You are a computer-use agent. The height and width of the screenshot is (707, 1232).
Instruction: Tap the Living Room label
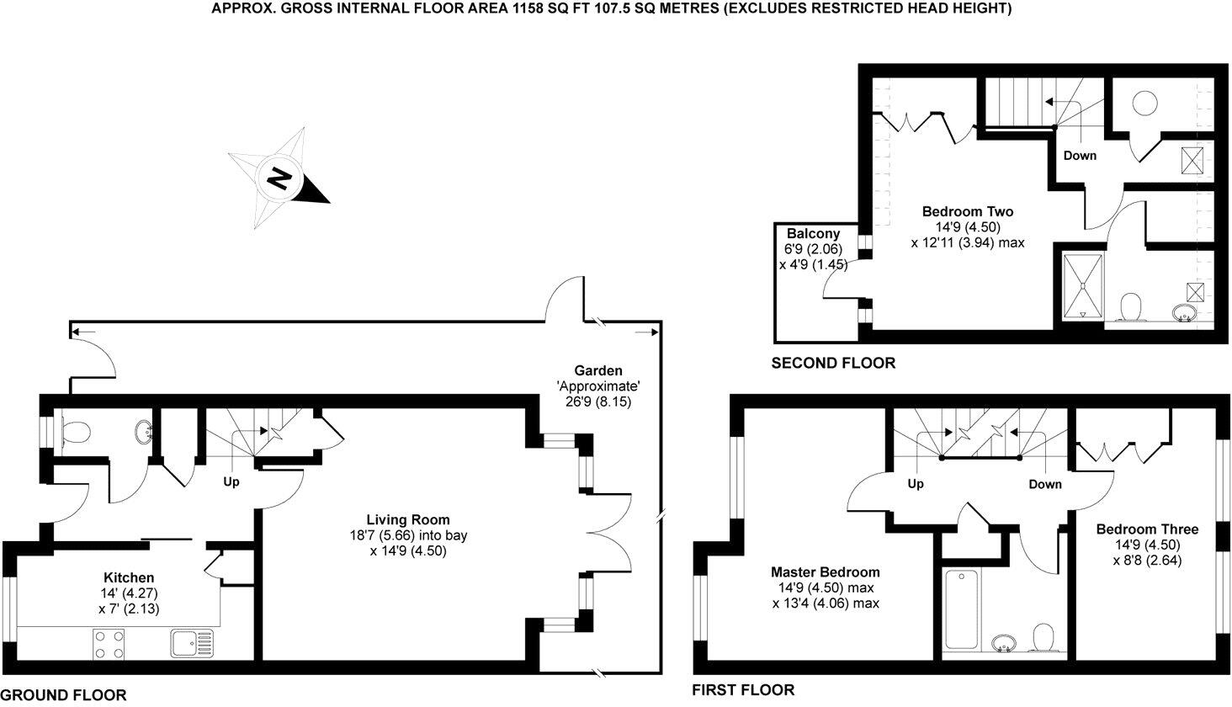click(408, 519)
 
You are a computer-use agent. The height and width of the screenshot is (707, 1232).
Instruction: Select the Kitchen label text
click(129, 577)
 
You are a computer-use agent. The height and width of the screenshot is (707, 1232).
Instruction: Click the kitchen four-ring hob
click(109, 644)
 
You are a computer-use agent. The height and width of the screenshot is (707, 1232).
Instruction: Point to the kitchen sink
click(192, 644)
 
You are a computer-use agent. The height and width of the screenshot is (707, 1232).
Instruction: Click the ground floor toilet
click(77, 432)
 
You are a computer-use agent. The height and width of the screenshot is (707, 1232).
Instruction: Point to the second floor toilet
click(1130, 306)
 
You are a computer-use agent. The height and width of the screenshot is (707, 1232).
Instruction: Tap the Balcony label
click(814, 233)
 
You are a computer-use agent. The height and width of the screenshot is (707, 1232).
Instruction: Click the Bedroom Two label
click(968, 211)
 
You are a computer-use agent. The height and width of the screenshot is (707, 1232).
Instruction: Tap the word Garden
click(598, 370)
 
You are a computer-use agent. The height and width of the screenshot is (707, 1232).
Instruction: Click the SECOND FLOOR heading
click(833, 364)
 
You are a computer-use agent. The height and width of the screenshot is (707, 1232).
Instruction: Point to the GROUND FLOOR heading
click(64, 695)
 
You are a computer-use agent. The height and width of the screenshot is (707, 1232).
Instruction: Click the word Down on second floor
click(1080, 156)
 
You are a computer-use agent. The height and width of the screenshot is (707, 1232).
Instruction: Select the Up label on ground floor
click(231, 482)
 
